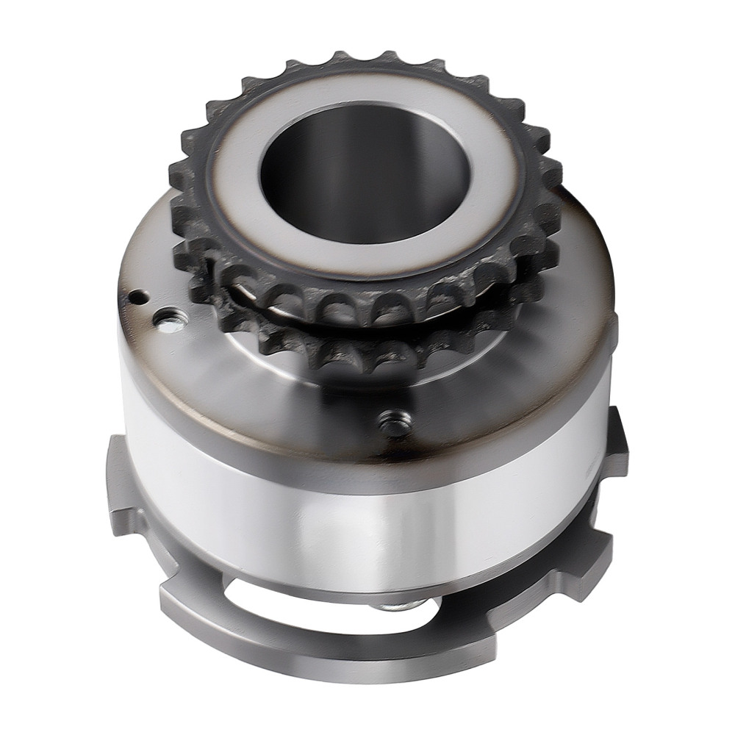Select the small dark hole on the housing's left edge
coord(137,298)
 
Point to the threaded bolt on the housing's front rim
coord(395,423)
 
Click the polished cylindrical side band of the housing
coord(353,507)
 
